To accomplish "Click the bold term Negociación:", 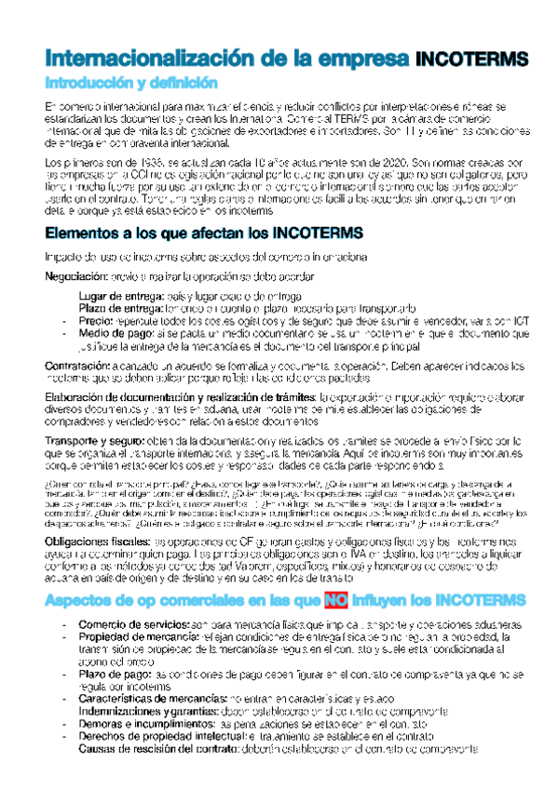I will (x=81, y=276).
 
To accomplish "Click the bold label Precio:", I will (x=97, y=320).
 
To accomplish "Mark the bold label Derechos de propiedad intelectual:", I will (x=170, y=733).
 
